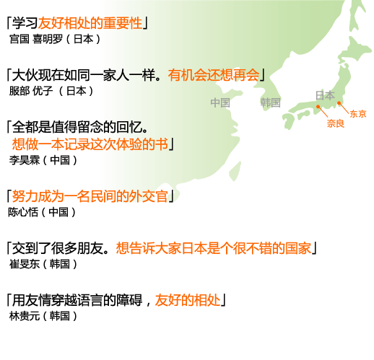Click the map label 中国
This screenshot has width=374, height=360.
click(220, 102)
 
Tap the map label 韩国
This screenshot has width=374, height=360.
click(270, 102)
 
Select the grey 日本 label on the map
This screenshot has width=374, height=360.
click(325, 95)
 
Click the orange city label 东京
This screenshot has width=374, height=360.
click(358, 114)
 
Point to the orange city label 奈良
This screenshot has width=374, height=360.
click(335, 123)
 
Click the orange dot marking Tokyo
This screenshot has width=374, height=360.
click(339, 103)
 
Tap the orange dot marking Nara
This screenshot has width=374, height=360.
click(318, 107)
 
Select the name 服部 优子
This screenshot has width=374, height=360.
click(31, 91)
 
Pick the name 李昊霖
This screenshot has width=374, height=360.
click(25, 160)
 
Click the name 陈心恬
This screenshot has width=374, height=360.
click(23, 212)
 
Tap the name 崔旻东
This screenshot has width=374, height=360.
click(25, 264)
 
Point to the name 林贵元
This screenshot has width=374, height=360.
click(25, 316)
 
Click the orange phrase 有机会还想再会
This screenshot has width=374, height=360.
click(214, 75)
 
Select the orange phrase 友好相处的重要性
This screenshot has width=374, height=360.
click(90, 23)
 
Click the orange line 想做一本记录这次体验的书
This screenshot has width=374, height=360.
click(90, 144)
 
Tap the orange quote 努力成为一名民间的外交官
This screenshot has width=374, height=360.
click(90, 196)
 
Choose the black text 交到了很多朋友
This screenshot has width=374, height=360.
click(58, 248)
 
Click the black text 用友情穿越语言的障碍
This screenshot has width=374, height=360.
click(77, 300)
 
